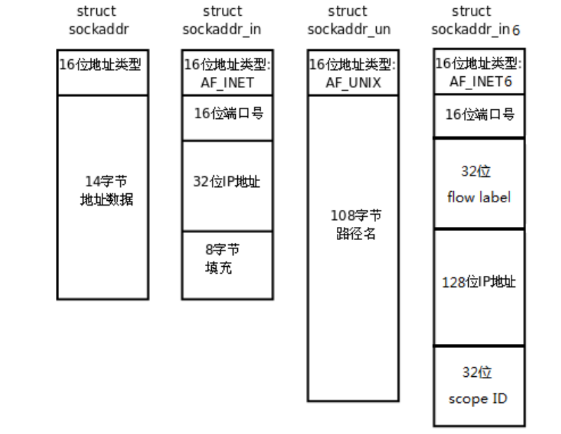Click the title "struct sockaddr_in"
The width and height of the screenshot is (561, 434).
(222, 21)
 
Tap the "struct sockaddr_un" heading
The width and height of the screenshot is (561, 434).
(348, 21)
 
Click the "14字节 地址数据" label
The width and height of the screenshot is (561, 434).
(105, 191)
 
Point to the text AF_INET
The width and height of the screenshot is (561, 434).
(227, 83)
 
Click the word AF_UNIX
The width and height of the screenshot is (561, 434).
(353, 83)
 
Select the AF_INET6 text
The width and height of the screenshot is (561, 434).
(478, 81)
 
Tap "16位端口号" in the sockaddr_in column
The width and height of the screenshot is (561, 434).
(228, 113)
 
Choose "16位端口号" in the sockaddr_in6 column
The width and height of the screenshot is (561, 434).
(479, 115)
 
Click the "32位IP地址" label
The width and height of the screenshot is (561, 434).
(227, 182)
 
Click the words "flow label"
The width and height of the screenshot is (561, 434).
(479, 197)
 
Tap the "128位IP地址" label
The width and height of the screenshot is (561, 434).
(478, 282)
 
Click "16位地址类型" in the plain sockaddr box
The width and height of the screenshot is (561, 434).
(103, 65)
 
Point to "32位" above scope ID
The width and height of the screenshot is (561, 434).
(476, 373)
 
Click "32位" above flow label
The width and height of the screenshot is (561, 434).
(476, 171)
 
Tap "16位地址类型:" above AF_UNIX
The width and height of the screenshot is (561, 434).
(353, 65)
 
